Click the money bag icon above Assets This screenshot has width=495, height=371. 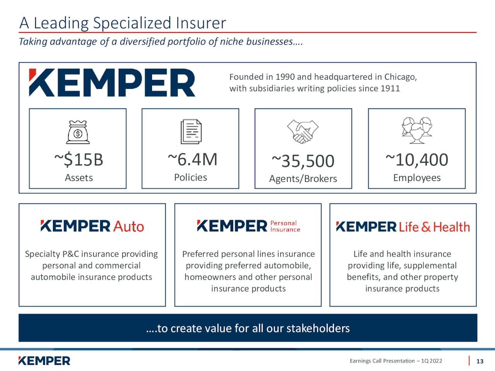(x=78, y=132)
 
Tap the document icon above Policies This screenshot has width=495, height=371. (x=191, y=131)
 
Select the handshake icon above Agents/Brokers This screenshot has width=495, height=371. (x=303, y=131)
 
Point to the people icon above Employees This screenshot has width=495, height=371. (x=417, y=130)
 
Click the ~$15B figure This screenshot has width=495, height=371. (x=79, y=160)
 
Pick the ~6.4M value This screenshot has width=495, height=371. (x=193, y=159)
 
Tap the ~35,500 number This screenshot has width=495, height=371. (x=303, y=161)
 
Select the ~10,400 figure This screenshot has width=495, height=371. (x=417, y=160)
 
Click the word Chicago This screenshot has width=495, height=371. (x=401, y=77)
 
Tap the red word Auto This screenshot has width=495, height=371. (x=128, y=226)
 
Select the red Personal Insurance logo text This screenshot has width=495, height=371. (x=285, y=226)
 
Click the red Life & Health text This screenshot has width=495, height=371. (x=435, y=227)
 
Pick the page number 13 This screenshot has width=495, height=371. (x=480, y=361)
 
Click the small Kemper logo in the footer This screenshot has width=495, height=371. (x=44, y=361)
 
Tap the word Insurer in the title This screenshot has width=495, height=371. (x=201, y=23)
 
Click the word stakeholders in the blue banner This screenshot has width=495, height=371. (x=318, y=328)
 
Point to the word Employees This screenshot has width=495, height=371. (x=417, y=178)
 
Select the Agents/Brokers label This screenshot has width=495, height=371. (x=303, y=179)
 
